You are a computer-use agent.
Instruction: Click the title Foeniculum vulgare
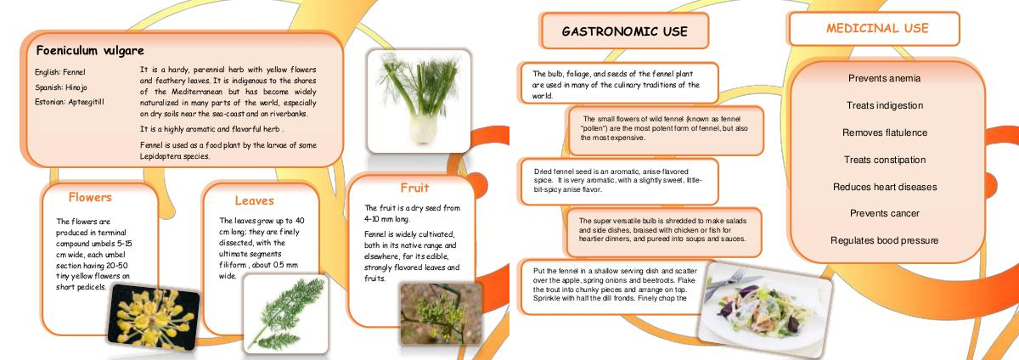pyautogui.click(x=90, y=50)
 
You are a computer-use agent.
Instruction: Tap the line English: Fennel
pyautogui.click(x=60, y=72)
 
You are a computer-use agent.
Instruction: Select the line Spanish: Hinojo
pyautogui.click(x=61, y=87)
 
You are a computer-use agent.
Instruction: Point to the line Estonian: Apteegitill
pyautogui.click(x=70, y=102)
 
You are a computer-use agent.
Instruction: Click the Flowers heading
pyautogui.click(x=90, y=197)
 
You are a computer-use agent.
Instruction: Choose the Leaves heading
pyautogui.click(x=254, y=200)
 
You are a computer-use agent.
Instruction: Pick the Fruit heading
pyautogui.click(x=414, y=188)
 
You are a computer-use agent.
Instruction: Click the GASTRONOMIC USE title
pyautogui.click(x=625, y=31)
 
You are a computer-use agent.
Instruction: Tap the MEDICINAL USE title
pyautogui.click(x=877, y=28)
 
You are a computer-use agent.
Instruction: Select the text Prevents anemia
pyautogui.click(x=884, y=78)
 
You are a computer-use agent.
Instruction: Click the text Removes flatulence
pyautogui.click(x=885, y=133)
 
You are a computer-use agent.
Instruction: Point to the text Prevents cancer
pyautogui.click(x=885, y=213)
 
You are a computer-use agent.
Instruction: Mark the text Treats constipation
pyautogui.click(x=885, y=160)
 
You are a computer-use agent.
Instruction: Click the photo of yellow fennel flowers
pyautogui.click(x=154, y=318)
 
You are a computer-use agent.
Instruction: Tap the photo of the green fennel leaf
pyautogui.click(x=285, y=314)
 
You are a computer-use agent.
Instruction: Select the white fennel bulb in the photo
pyautogui.click(x=423, y=129)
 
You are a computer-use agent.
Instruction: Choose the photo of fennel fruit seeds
pyautogui.click(x=441, y=313)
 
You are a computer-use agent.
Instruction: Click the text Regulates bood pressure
pyautogui.click(x=884, y=241)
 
